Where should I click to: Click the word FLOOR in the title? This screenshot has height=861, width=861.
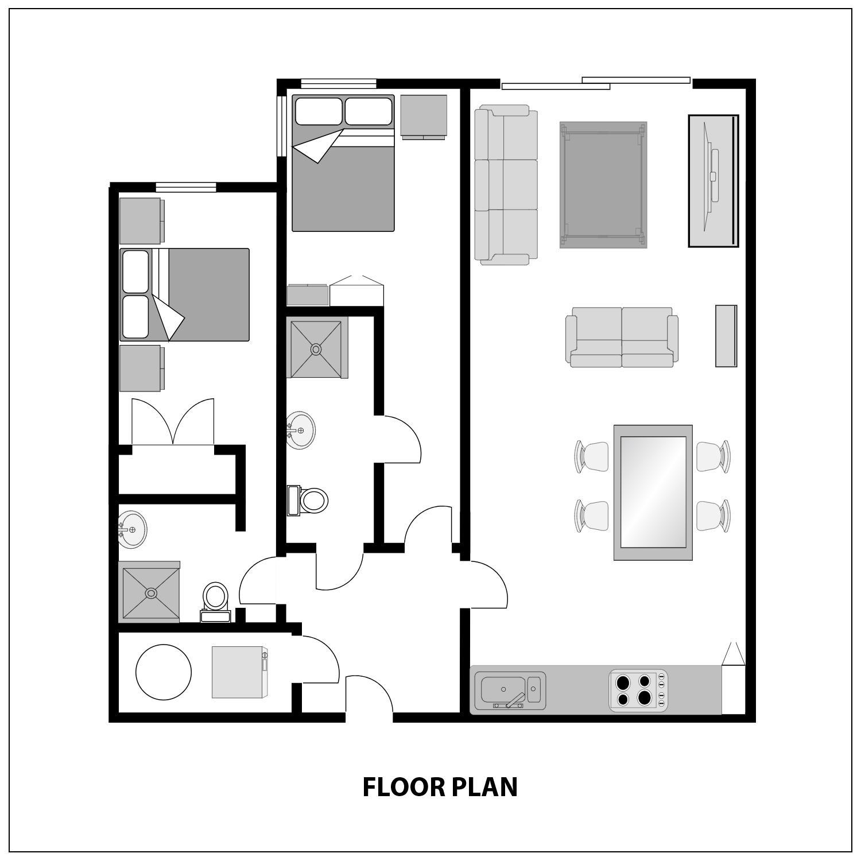[404, 787]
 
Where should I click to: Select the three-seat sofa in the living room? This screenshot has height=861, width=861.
[506, 185]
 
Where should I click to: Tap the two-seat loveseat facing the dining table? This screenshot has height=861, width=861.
[622, 338]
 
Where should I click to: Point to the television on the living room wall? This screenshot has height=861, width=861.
[713, 180]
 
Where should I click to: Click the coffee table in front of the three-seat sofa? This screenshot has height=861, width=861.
[603, 185]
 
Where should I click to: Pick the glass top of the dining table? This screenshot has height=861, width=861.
[653, 492]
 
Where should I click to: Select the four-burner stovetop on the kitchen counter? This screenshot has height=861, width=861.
[638, 691]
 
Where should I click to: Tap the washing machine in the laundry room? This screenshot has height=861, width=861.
[240, 672]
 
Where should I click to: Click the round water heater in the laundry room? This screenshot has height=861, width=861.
[164, 672]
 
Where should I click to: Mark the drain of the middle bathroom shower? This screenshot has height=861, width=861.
[316, 349]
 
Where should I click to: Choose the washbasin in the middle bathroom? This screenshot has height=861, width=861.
[300, 430]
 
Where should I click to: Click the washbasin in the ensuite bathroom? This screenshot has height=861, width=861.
[132, 529]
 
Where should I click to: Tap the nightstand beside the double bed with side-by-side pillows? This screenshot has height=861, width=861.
[424, 117]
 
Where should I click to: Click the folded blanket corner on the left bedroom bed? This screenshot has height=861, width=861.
[169, 320]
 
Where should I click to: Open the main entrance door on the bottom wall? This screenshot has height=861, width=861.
[369, 696]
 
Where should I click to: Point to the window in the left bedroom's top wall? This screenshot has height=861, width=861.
[186, 187]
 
